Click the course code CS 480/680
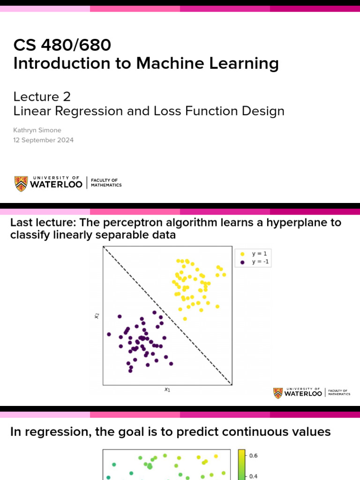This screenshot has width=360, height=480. [x=62, y=45]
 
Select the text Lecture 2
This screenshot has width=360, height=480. [x=42, y=97]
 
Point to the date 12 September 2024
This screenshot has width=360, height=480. [x=43, y=140]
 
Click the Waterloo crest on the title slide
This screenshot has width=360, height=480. [x=21, y=183]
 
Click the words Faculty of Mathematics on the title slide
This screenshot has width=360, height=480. [x=106, y=183]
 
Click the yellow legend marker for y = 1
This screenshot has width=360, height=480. [x=242, y=254]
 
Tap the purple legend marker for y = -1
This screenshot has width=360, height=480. [x=242, y=262]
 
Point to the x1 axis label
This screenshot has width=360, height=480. [x=167, y=389]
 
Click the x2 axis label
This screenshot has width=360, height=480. [x=97, y=316]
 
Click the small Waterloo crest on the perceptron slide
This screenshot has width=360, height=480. [x=278, y=393]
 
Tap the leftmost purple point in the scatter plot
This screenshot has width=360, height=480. [x=109, y=334]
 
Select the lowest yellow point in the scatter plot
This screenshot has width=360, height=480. [x=185, y=319]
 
